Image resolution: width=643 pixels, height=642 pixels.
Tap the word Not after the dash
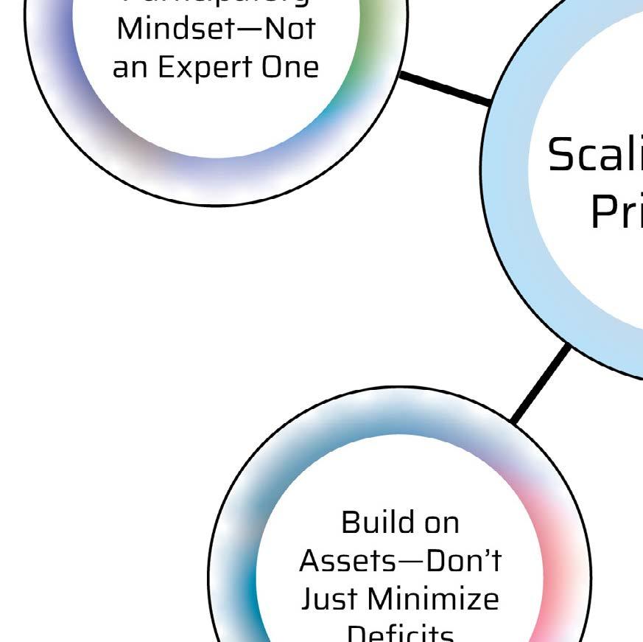tap(290, 29)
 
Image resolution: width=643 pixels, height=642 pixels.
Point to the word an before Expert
tap(130, 68)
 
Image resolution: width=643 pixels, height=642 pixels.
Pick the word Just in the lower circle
tap(328, 599)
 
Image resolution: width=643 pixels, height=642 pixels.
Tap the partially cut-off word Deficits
tap(399, 634)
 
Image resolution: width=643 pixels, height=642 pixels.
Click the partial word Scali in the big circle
tap(594, 155)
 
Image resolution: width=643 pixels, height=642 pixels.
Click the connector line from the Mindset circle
tap(445, 88)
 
